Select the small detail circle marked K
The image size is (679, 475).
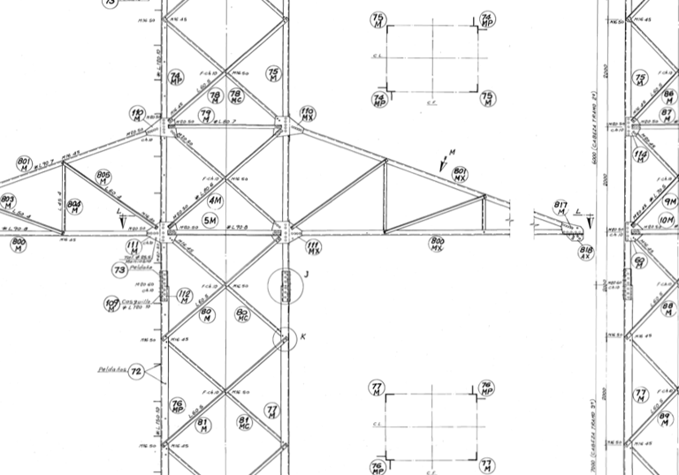coord(285,338)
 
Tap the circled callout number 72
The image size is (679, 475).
coord(135,373)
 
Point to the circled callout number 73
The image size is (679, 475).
coord(120,269)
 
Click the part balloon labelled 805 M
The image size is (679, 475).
coord(103,178)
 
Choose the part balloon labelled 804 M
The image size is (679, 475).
coord(74,205)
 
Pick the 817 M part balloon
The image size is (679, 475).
coord(561,209)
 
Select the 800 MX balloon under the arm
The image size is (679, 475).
coord(437,244)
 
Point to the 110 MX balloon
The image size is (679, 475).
coord(308,114)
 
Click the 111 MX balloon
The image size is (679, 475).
coord(313,246)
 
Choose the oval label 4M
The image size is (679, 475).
coord(214,200)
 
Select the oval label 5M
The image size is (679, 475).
coord(210,220)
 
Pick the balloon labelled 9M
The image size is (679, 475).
coord(668,200)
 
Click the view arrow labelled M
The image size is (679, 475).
coord(444,163)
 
